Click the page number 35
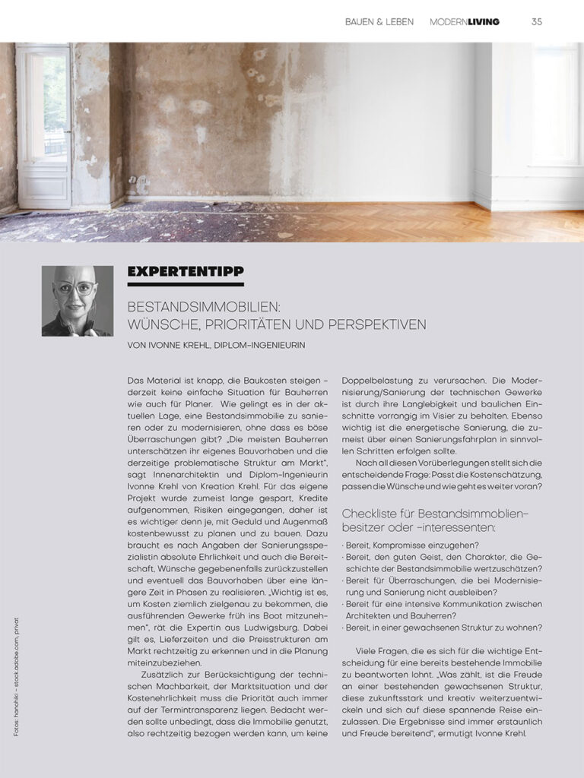tap(537, 22)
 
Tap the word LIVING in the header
tap(484, 22)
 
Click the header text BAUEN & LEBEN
tap(379, 22)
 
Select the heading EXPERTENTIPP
tap(186, 271)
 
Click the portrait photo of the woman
tap(78, 301)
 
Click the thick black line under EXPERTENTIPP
tap(186, 284)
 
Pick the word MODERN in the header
tap(448, 22)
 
